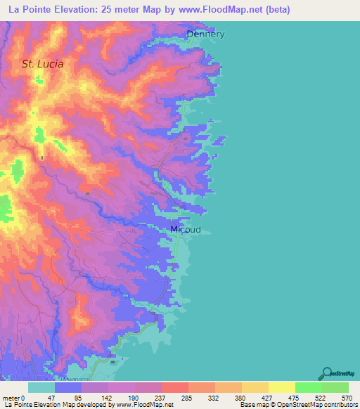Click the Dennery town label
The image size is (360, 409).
pos(205,34)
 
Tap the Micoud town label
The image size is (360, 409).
pos(186,230)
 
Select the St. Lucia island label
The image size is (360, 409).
pos(42,64)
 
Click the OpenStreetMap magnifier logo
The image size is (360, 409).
pos(327,372)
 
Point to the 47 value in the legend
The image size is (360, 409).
pos(60,397)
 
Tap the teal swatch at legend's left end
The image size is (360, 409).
pos(41,387)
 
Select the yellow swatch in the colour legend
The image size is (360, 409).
pos(281,387)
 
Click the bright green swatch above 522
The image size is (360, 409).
pos(308,387)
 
